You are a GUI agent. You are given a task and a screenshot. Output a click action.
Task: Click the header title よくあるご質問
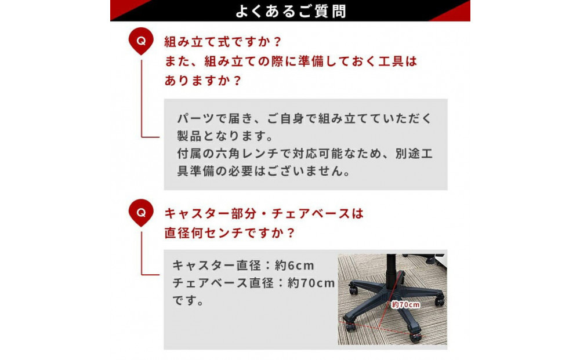pyautogui.click(x=291, y=11)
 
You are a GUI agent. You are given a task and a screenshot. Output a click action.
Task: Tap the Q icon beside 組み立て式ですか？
pyautogui.click(x=141, y=42)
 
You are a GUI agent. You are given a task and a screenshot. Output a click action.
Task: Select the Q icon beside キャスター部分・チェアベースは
pyautogui.click(x=141, y=212)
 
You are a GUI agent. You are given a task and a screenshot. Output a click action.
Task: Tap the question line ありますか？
pyautogui.click(x=202, y=80)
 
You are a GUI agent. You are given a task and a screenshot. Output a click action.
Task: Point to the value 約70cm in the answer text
pyautogui.click(x=311, y=283)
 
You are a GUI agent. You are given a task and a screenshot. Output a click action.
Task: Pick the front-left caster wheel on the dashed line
pyautogui.click(x=350, y=323)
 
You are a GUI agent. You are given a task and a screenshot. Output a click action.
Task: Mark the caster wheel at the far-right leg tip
pyautogui.click(x=440, y=300)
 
